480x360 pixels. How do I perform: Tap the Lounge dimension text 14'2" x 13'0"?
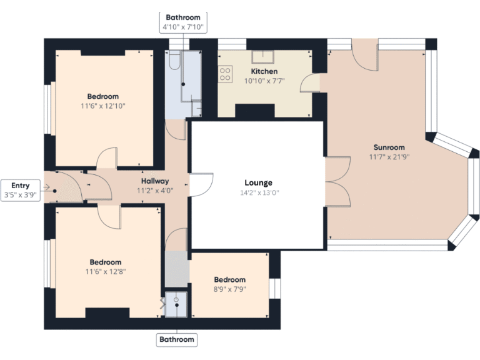258,192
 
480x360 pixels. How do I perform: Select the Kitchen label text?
264,71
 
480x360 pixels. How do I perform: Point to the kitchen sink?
262,57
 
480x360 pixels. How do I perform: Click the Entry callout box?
20,190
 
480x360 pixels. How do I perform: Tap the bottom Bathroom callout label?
177,340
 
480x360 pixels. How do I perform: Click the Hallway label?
154,181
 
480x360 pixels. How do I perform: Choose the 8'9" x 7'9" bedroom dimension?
230,289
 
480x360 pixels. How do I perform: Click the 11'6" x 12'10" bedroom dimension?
103,106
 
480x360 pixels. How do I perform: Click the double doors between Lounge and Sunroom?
337,181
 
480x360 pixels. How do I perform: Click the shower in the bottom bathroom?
177,304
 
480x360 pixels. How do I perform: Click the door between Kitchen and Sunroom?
310,83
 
